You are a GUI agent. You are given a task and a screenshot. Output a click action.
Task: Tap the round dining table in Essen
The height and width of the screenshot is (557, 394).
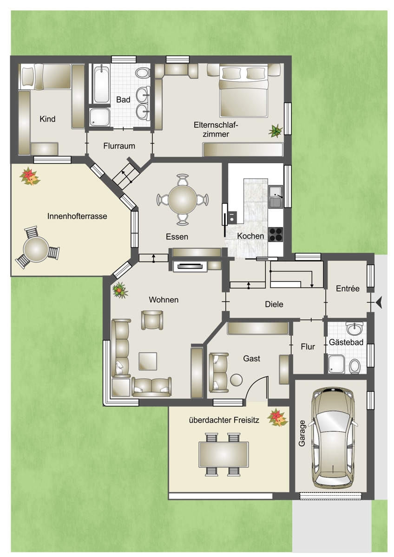pos(183,200)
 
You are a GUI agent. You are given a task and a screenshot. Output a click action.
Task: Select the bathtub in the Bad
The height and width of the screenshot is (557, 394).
pos(102,84)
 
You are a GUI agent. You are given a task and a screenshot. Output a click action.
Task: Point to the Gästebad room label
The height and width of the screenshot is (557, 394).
pos(346,342)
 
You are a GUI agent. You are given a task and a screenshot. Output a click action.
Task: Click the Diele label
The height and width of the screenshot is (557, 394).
pos(274,304)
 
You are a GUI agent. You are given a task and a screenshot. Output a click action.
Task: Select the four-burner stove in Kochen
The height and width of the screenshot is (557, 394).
pos(276,234)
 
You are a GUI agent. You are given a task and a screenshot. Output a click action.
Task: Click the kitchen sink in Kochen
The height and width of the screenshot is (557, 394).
pos(276,197)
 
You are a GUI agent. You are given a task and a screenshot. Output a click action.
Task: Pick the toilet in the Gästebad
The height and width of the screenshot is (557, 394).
pos(355,366)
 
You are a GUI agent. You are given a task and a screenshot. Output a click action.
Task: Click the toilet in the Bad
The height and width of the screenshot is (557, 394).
pos(142,73)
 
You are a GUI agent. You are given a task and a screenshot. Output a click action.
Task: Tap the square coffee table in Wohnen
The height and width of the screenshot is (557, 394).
pos(148,361)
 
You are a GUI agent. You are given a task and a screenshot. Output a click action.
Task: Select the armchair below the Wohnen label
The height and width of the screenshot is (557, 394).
pos(152,320)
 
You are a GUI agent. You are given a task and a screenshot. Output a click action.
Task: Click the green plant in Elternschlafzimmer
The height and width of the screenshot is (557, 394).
pos(276,131)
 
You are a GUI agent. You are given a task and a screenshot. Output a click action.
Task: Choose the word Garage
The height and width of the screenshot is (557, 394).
pos(302,433)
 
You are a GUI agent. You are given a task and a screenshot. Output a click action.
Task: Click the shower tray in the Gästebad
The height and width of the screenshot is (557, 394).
pos(336,364)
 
